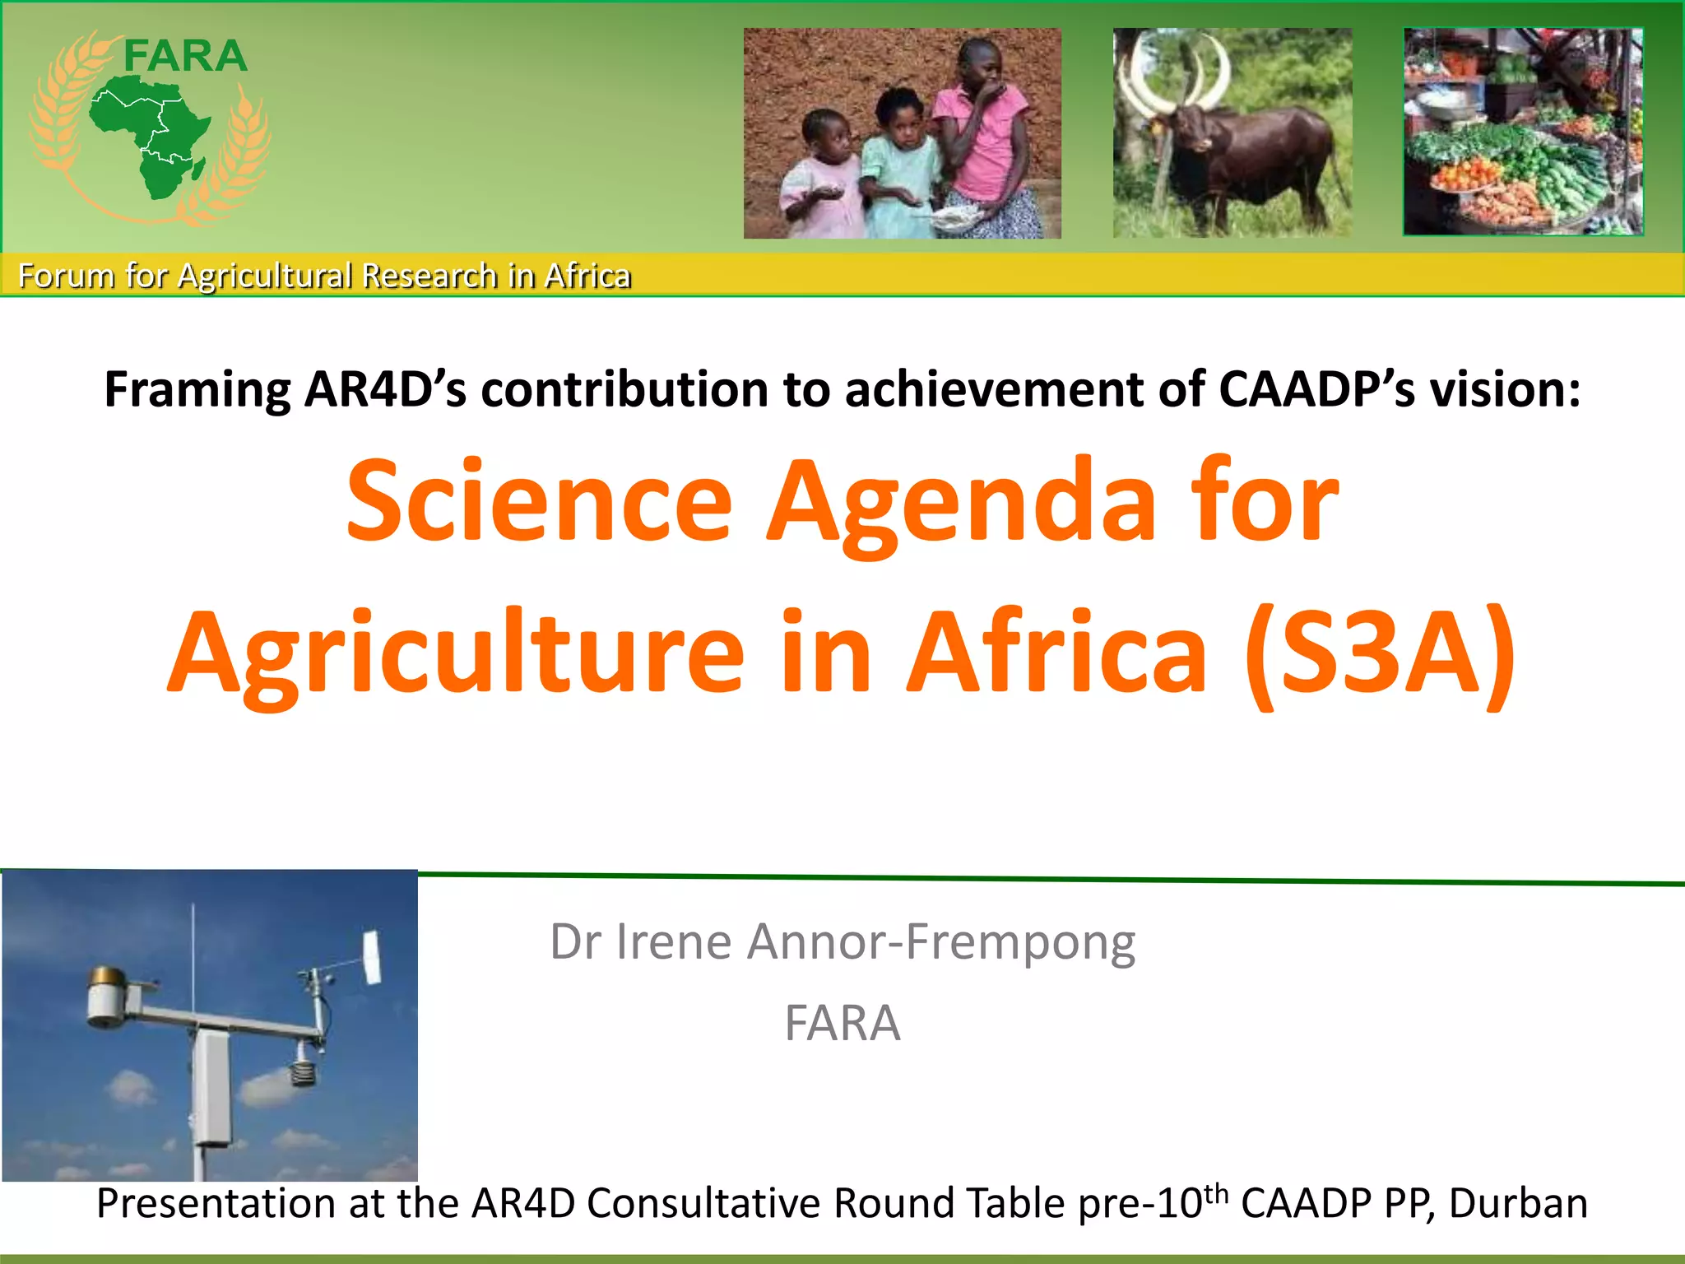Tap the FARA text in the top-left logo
(185, 57)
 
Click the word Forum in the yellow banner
(66, 276)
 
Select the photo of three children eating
(902, 133)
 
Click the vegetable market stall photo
(1523, 132)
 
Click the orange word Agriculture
(457, 654)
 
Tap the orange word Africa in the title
(1056, 654)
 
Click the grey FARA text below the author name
(842, 1023)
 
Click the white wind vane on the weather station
(372, 956)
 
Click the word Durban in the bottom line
(1518, 1203)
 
